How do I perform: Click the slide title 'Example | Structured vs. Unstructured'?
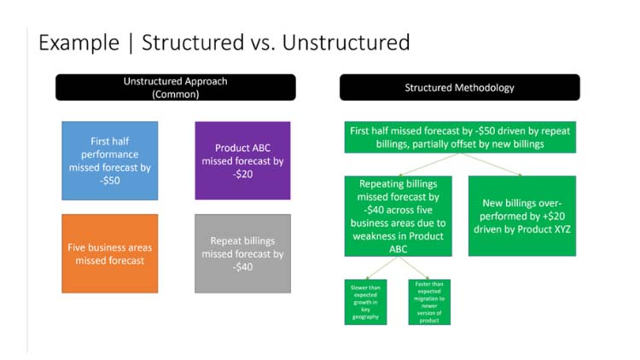pos(224,42)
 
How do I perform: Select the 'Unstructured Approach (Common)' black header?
pos(176,88)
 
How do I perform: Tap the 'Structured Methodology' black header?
pos(459,88)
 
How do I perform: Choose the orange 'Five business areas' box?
pos(109,253)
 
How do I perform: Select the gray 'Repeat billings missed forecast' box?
pos(242,253)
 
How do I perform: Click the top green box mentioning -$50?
pos(459,137)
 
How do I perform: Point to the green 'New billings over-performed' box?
pos(521,216)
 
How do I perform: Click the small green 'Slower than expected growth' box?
pos(365,301)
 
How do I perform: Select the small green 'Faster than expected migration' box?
pos(429,301)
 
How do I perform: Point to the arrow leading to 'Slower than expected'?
pos(375,267)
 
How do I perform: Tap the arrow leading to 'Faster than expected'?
pos(414,267)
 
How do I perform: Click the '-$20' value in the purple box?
pos(242,174)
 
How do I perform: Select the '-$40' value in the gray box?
pos(242,267)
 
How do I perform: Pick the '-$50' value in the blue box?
pos(109,181)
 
